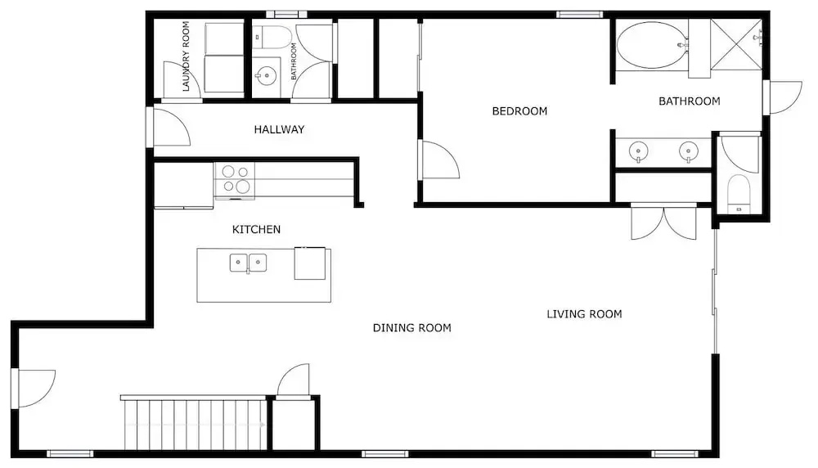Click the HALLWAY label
tap(279, 129)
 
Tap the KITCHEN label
tap(256, 229)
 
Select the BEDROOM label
tap(519, 111)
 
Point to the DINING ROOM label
tap(412, 327)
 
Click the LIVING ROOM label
tap(584, 314)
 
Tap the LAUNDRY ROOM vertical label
tap(186, 56)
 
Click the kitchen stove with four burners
tap(234, 181)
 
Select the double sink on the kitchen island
tap(249, 263)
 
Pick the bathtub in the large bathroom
tap(652, 45)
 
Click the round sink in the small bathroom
tap(266, 76)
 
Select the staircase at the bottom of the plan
tap(194, 424)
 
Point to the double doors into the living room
tap(663, 223)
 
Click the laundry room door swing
tap(182, 79)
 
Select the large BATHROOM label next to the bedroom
tap(689, 101)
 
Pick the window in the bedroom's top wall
tap(579, 15)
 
